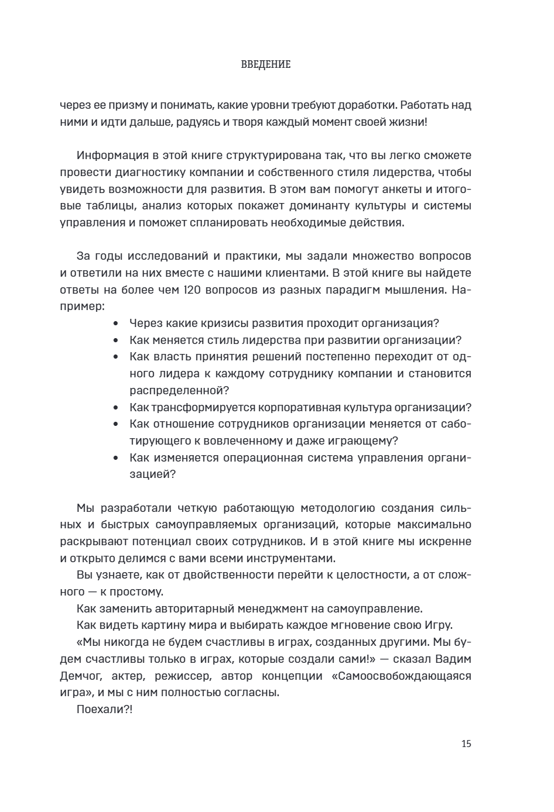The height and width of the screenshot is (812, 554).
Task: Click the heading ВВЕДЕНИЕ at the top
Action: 266,64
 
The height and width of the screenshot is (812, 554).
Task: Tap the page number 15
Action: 466,744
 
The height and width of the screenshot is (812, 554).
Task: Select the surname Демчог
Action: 81,676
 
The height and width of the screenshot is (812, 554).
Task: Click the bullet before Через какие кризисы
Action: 116,324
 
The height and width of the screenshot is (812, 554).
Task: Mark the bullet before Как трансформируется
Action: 116,408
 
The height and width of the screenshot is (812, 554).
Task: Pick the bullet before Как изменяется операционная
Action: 116,458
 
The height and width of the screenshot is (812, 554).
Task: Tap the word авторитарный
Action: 198,608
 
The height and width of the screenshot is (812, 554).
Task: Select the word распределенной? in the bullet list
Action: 179,390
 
